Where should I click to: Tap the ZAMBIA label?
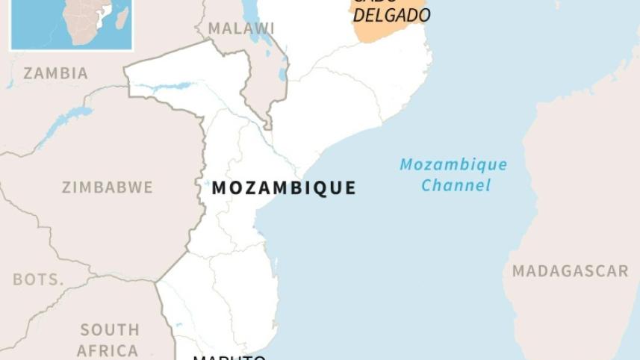[x=55, y=73]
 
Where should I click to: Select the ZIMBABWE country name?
[x=107, y=187]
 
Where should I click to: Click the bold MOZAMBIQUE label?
[x=284, y=188]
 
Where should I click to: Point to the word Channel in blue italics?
[x=456, y=185]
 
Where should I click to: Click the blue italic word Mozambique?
[x=453, y=165]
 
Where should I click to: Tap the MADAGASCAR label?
[x=570, y=271]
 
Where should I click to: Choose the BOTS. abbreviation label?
[x=37, y=279]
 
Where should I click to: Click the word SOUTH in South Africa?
[x=109, y=329]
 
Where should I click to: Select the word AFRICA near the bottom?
[x=107, y=350]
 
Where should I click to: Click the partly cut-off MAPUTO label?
[x=229, y=356]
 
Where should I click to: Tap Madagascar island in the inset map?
[x=121, y=17]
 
